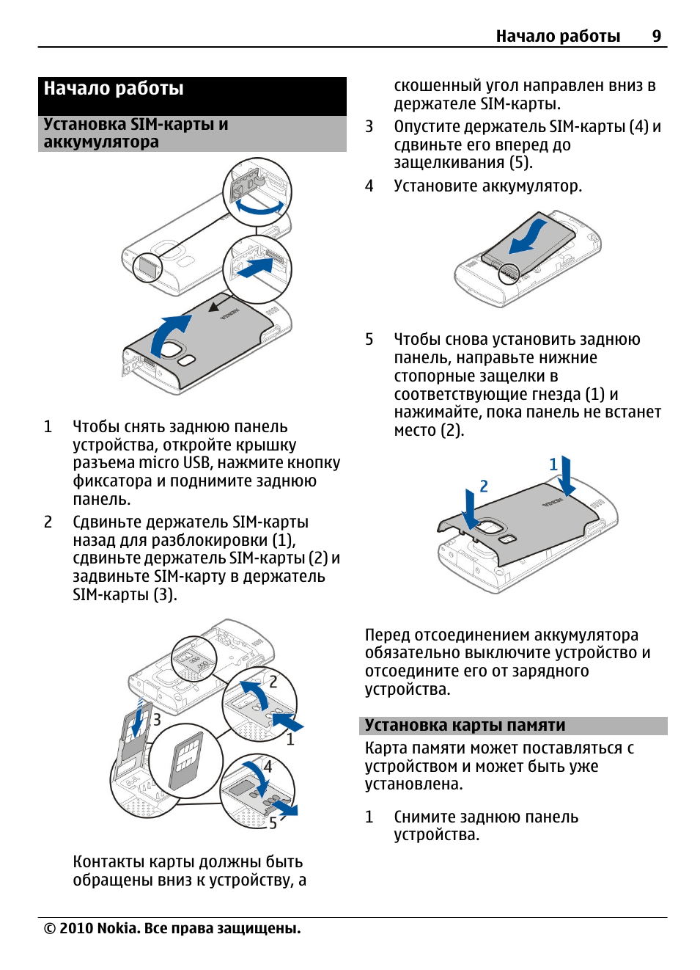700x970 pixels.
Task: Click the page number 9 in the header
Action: pyautogui.click(x=656, y=36)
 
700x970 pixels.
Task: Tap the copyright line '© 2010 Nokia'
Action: pyautogui.click(x=172, y=928)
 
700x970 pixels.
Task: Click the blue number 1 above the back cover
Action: pyautogui.click(x=553, y=464)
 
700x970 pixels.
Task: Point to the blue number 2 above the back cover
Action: pyautogui.click(x=484, y=486)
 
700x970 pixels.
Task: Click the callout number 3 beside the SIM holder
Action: pyautogui.click(x=157, y=719)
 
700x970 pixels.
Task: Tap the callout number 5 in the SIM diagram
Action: pyautogui.click(x=273, y=823)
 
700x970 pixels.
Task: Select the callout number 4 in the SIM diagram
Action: pyautogui.click(x=268, y=766)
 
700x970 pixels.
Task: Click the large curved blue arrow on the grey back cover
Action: pyautogui.click(x=168, y=334)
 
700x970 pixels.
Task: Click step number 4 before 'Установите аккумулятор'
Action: pyautogui.click(x=369, y=186)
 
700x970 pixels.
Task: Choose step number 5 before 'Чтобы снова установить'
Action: pyautogui.click(x=369, y=340)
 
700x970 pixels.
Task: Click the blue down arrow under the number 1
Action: pyautogui.click(x=566, y=477)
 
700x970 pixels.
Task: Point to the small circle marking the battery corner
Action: pyautogui.click(x=509, y=274)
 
